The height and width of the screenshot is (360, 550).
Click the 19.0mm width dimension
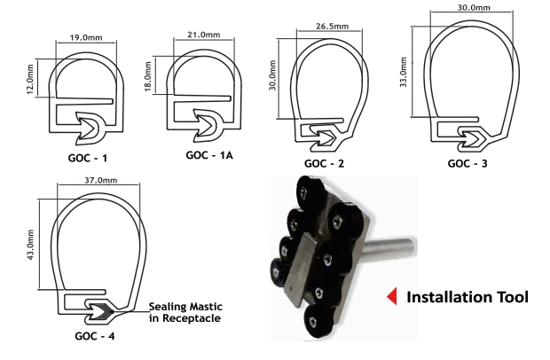coord(86,37)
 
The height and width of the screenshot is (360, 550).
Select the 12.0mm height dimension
coord(30,79)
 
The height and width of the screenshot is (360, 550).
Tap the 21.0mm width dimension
coord(204,35)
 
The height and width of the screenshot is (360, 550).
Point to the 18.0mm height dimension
coord(148,76)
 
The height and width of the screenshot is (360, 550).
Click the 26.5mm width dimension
coord(332,27)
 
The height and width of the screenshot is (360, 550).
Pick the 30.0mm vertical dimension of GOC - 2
coord(273,75)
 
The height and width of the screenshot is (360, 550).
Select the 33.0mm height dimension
coord(404,72)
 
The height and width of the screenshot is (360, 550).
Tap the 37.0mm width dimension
coord(101,180)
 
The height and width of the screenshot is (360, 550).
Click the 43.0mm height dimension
coord(30,245)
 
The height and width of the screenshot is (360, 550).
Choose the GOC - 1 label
coord(87,158)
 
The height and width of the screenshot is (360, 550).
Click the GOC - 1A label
coord(209,155)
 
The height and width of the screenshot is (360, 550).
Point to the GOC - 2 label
coord(325,163)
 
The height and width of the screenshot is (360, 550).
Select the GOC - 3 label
coord(467,163)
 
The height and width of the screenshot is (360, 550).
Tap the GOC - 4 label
coord(95,336)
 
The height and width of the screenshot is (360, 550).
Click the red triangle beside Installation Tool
coord(392,296)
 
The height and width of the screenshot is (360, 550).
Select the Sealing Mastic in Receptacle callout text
coord(185,312)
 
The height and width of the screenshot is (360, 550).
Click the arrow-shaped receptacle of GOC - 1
coord(90,129)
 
